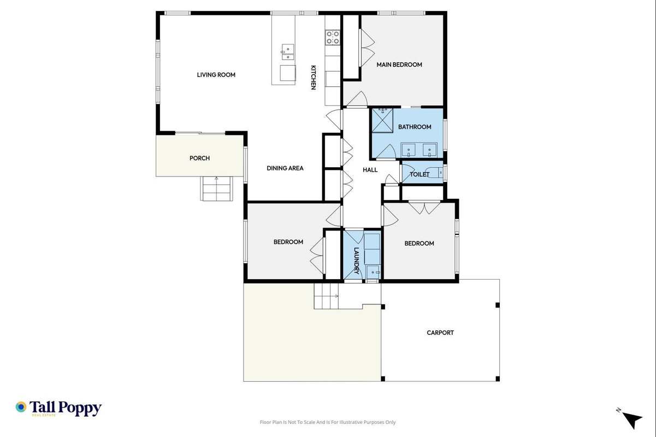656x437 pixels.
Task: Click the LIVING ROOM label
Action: click(x=216, y=75)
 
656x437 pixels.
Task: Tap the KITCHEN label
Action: click(x=314, y=78)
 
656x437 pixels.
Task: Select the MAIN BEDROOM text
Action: click(x=399, y=64)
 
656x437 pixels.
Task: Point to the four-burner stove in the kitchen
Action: click(x=333, y=38)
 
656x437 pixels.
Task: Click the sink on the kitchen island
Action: click(x=288, y=52)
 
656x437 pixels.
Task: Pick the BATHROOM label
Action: click(x=415, y=127)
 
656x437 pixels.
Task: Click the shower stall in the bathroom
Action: click(x=382, y=120)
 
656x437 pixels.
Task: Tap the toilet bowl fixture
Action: click(x=435, y=172)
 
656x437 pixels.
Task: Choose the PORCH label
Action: click(x=199, y=158)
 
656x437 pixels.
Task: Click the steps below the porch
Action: click(x=216, y=188)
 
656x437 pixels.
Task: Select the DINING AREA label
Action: click(x=285, y=168)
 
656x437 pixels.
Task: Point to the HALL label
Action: click(x=370, y=169)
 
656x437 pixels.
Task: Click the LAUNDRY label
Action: click(x=357, y=261)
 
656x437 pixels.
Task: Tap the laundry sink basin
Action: click(x=373, y=272)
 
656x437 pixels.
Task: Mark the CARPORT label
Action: click(x=440, y=333)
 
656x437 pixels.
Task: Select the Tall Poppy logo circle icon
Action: click(x=21, y=407)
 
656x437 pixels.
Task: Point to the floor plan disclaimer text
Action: click(x=328, y=422)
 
